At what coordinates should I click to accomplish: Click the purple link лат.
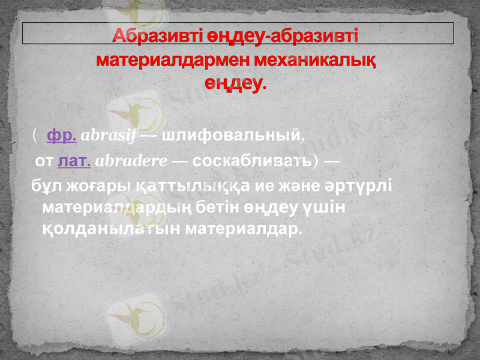74,161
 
